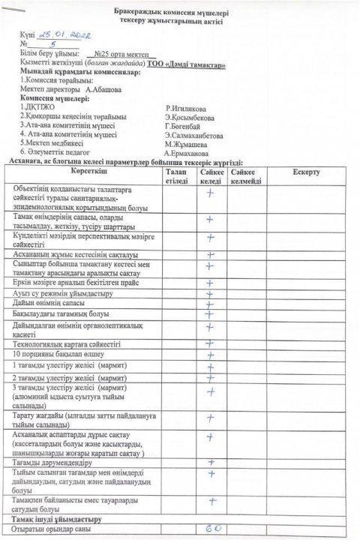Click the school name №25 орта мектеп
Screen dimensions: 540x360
pyautogui.click(x=121, y=55)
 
